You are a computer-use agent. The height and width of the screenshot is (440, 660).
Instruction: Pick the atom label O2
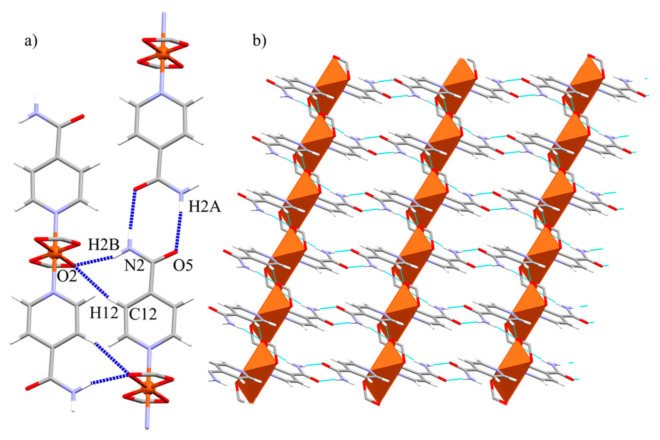[x=67, y=278]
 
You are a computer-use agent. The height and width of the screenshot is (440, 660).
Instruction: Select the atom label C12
[x=142, y=315]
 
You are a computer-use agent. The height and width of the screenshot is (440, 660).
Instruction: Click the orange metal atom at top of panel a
[x=162, y=53]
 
